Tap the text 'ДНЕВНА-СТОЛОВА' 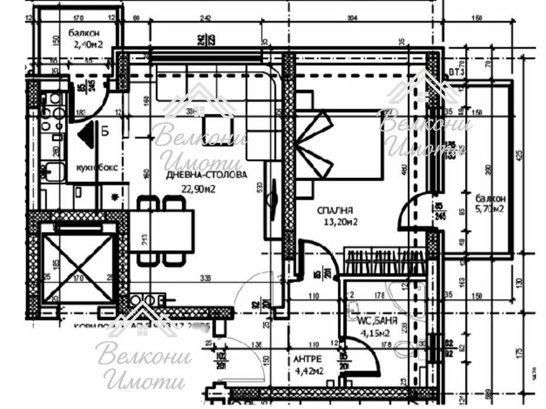[206, 174]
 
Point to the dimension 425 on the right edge [518, 155]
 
